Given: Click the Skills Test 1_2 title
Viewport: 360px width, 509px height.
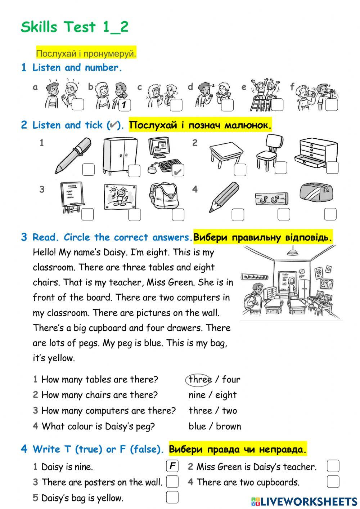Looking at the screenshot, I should click(75, 27).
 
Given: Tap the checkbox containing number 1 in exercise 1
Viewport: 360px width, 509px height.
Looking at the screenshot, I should click(124, 105).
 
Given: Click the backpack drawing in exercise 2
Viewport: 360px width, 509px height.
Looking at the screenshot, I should click(164, 196).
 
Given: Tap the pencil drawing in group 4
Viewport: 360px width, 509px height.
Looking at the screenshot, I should click(224, 197).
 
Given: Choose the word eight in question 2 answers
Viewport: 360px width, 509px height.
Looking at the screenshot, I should click(226, 395).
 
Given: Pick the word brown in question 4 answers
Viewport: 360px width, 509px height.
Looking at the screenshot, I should click(228, 427).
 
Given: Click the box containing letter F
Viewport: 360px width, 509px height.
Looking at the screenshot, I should click(172, 466).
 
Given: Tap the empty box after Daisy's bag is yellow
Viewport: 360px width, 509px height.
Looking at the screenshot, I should click(172, 497).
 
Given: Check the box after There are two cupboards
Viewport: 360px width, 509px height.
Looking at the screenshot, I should click(333, 482).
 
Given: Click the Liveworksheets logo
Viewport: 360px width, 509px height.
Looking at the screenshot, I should click(304, 501).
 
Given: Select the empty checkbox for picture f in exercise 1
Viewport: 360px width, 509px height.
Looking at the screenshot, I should click(332, 105).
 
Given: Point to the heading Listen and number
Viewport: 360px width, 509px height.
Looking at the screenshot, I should click(77, 68).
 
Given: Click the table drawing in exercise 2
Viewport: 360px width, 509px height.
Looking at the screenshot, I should click(226, 154).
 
